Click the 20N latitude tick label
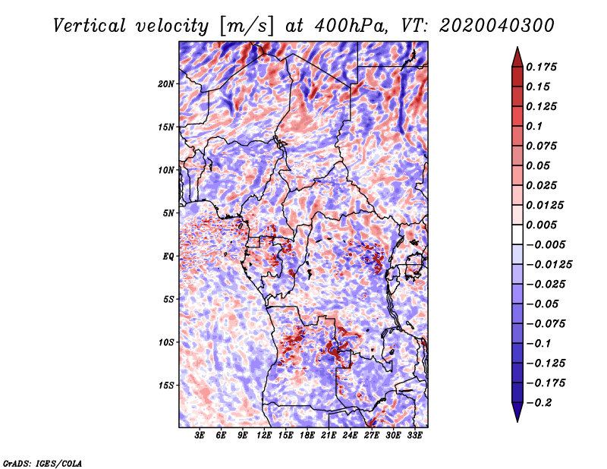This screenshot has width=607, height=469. [166, 84]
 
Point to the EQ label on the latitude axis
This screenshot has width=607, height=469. [168, 257]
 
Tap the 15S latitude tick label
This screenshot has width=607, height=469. [166, 386]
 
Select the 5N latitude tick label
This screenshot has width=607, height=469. [168, 213]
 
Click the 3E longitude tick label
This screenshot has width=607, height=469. [200, 435]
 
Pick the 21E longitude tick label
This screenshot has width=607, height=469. [329, 435]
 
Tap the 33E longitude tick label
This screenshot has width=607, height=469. [414, 435]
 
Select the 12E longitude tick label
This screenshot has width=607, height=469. [263, 435]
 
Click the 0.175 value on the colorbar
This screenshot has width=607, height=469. [541, 67]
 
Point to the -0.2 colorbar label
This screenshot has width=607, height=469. [539, 403]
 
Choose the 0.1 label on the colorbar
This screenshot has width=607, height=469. [534, 126]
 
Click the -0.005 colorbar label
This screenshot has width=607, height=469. [546, 245]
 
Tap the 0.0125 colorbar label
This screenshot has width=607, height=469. [545, 205]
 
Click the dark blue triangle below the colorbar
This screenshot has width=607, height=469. [517, 412]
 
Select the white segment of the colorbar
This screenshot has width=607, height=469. [517, 234]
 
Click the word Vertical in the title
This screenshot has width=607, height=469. [90, 26]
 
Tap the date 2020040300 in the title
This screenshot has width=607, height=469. [497, 26]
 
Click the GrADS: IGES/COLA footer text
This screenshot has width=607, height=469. [42, 464]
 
